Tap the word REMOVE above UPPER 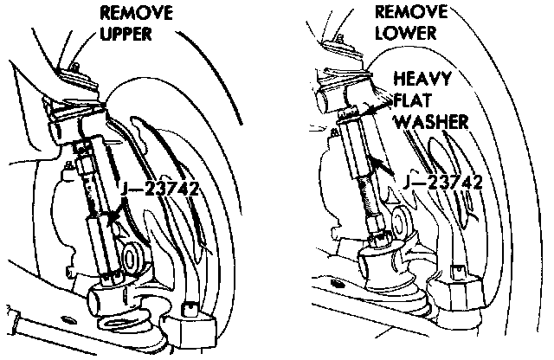(x=137, y=14)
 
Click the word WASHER (x=430, y=121)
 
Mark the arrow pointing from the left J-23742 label (x=112, y=215)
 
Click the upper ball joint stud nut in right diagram (x=351, y=57)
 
